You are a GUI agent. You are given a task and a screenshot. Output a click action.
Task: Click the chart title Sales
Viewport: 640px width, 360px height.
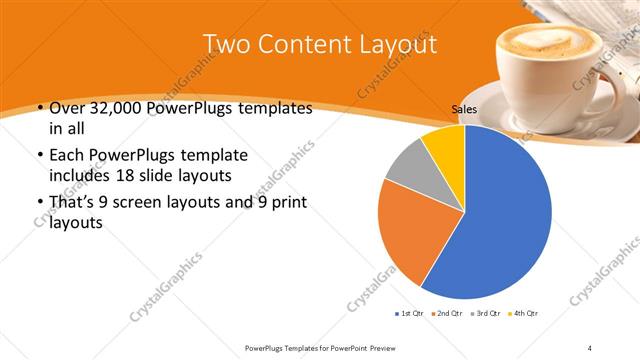point(464,111)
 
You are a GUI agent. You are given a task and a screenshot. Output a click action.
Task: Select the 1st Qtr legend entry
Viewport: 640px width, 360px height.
point(410,314)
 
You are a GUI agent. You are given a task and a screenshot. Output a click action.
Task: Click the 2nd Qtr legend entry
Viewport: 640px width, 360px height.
point(448,314)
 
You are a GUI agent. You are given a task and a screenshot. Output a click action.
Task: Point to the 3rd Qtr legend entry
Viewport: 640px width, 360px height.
point(487,314)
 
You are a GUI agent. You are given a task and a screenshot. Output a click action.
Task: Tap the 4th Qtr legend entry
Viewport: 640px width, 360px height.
point(525,314)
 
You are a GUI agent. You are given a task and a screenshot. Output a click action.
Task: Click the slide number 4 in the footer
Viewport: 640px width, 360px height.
point(590,347)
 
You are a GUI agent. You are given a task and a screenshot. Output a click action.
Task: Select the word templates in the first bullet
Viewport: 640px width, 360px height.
point(270,108)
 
